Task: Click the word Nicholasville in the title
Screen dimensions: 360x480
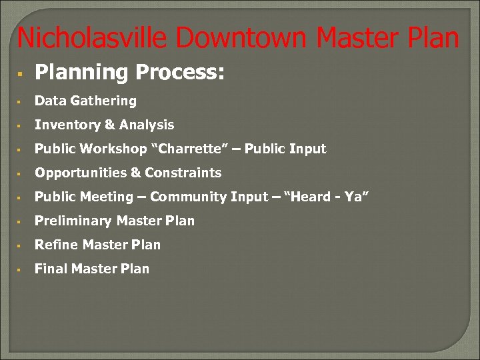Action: [x=88, y=38]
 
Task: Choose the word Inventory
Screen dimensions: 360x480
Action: [x=65, y=125]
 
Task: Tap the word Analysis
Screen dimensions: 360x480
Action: [x=146, y=125]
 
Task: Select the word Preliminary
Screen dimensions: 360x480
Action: [x=73, y=221]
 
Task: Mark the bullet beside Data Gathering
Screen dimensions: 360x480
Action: [x=21, y=102]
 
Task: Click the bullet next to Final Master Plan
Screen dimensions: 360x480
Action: [x=21, y=269]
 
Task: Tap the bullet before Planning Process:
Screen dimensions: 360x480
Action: [x=21, y=72]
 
